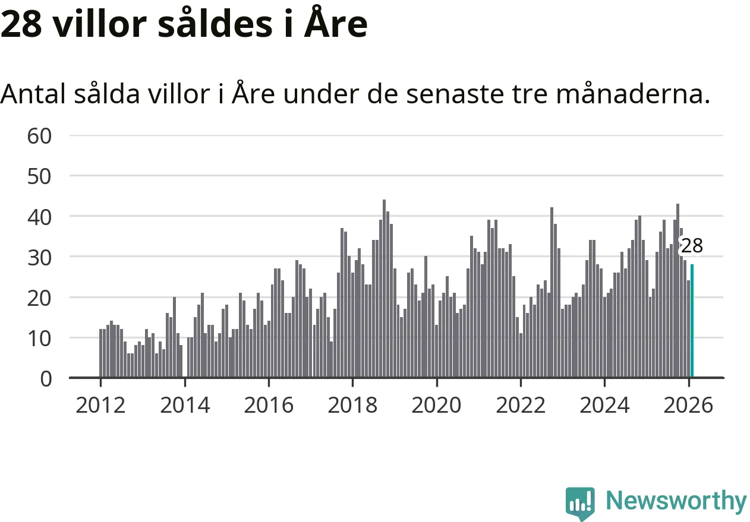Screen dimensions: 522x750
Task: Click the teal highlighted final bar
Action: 692,321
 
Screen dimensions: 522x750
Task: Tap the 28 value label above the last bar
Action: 691,246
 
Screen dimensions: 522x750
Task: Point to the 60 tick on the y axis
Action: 40,136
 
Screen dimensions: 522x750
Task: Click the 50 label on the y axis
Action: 40,176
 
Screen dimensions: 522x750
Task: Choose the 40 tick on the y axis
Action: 40,217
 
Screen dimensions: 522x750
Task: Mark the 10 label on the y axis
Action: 40,338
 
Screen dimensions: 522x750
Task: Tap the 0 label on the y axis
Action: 46,379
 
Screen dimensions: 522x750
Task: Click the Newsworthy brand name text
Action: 676,501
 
